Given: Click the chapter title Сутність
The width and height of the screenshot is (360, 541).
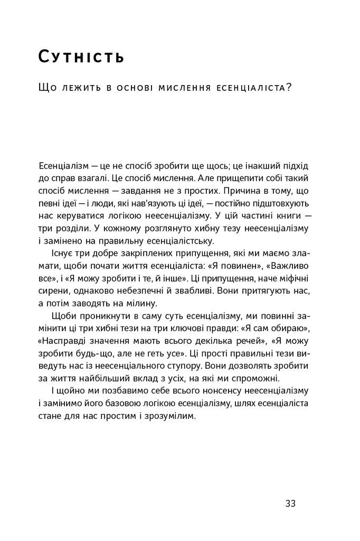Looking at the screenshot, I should pos(81,57).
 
